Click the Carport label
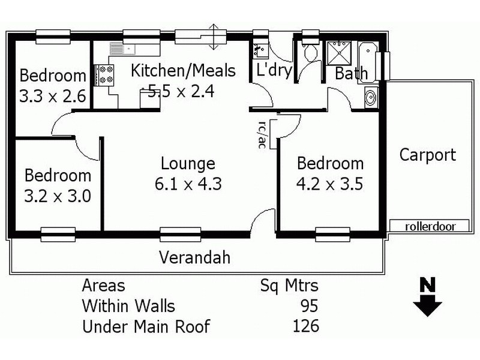428,155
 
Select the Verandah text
194,258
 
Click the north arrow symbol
427,296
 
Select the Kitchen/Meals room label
183,71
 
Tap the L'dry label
274,71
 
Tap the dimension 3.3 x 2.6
52,96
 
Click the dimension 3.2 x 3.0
57,196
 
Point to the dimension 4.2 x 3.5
330,183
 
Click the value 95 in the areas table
308,306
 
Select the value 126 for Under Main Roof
305,326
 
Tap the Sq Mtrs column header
289,285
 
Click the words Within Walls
128,306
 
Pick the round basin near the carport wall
370,96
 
